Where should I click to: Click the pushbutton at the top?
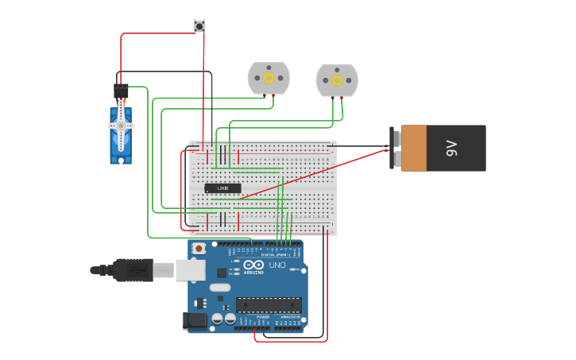point(199,26)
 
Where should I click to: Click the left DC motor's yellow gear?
point(269,78)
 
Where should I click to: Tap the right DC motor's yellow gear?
point(337,80)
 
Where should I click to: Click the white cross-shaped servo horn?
point(121,126)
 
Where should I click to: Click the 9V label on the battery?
point(452,148)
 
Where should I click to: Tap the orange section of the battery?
point(414,148)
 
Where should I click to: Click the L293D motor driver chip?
point(222,188)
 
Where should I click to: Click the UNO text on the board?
point(277,265)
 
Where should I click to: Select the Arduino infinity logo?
point(254,265)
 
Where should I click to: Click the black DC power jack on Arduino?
point(195,320)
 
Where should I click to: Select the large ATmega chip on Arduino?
point(269,304)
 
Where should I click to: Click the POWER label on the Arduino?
point(262,317)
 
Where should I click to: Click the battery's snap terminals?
point(395,148)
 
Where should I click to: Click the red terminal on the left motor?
point(274,95)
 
